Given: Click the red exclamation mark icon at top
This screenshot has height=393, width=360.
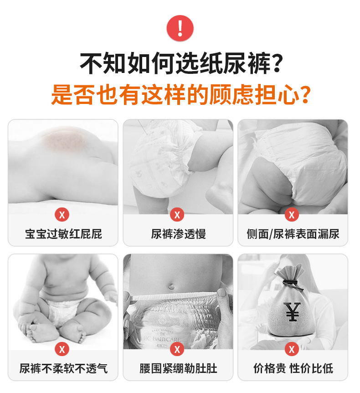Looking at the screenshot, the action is [x=180, y=28].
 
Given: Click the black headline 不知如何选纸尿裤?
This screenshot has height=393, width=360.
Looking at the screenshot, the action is [x=181, y=63].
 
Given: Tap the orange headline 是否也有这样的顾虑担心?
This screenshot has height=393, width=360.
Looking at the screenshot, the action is [x=181, y=94].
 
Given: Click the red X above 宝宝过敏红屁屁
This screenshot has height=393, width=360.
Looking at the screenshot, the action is [x=62, y=215].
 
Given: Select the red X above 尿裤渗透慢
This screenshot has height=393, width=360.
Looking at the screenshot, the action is [x=177, y=215].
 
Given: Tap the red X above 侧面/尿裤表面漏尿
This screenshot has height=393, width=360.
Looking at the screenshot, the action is [x=292, y=215].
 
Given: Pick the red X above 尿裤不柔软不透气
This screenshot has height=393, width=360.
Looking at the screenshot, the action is [x=62, y=349].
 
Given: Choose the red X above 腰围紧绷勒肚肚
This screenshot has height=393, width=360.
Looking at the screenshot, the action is [x=177, y=349].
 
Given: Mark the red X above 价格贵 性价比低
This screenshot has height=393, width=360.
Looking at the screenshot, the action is [x=292, y=349].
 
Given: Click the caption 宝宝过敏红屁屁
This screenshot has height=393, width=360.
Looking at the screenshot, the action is [x=63, y=234].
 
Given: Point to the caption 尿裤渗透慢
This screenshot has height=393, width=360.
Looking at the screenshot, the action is [x=178, y=234].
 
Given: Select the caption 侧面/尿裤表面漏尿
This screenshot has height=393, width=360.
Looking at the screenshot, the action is [x=293, y=234].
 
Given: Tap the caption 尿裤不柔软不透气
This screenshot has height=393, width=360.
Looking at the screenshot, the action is [x=63, y=368].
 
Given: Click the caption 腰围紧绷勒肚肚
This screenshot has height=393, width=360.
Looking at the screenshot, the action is [x=178, y=368].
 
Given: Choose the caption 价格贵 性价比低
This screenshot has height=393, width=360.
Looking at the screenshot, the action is [x=293, y=368].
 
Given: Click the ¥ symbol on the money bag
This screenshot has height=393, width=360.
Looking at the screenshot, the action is [x=292, y=311].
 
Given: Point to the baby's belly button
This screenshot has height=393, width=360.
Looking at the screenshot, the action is [x=171, y=285].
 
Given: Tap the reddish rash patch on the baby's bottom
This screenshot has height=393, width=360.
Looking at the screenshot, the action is [x=64, y=141].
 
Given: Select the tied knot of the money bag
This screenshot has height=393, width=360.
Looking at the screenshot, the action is [x=293, y=284].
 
